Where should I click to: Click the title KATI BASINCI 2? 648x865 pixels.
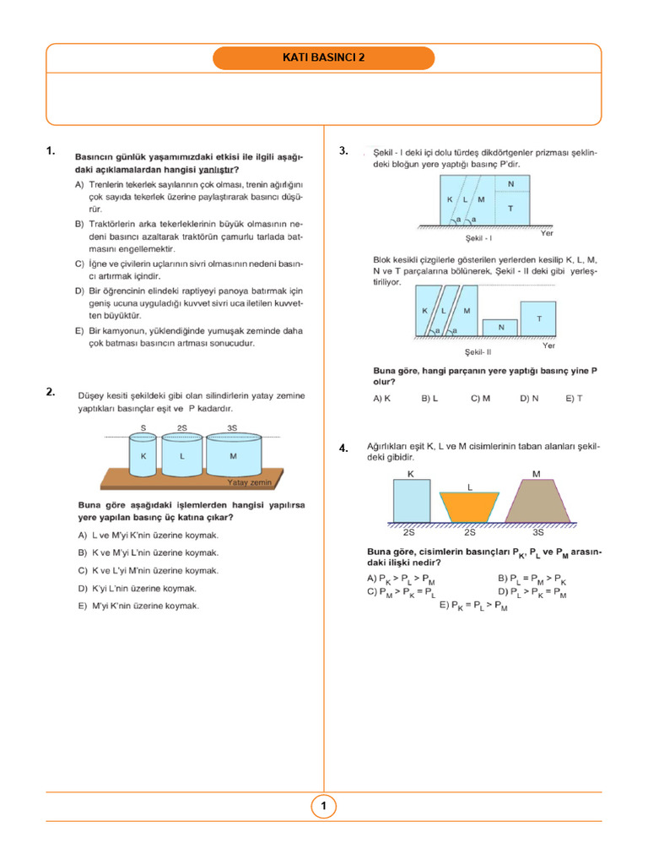click(324, 58)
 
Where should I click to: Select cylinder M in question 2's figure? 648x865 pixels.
click(234, 457)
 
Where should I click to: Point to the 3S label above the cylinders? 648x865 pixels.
click(232, 428)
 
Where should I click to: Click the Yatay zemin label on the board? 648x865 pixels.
click(250, 482)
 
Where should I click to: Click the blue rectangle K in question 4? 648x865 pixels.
click(412, 500)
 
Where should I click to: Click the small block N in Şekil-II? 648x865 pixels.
click(501, 327)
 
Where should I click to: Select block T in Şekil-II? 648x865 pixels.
click(538, 318)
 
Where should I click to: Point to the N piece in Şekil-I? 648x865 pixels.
click(510, 183)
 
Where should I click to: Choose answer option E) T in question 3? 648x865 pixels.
click(575, 398)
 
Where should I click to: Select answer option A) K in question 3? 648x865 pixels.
click(381, 398)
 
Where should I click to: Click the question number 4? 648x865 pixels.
click(343, 449)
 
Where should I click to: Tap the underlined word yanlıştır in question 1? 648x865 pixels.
click(215, 170)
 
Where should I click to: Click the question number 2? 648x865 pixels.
click(51, 391)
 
